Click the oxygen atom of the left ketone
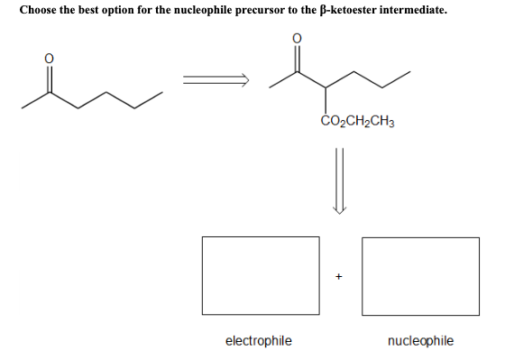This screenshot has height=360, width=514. [50, 59]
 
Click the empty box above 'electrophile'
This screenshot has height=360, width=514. [260, 274]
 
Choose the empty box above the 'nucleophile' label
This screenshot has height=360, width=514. [420, 274]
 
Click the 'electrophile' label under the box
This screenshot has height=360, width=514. [258, 340]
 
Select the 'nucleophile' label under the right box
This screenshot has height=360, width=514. [420, 340]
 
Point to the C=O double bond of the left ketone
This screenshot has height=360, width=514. [50, 77]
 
